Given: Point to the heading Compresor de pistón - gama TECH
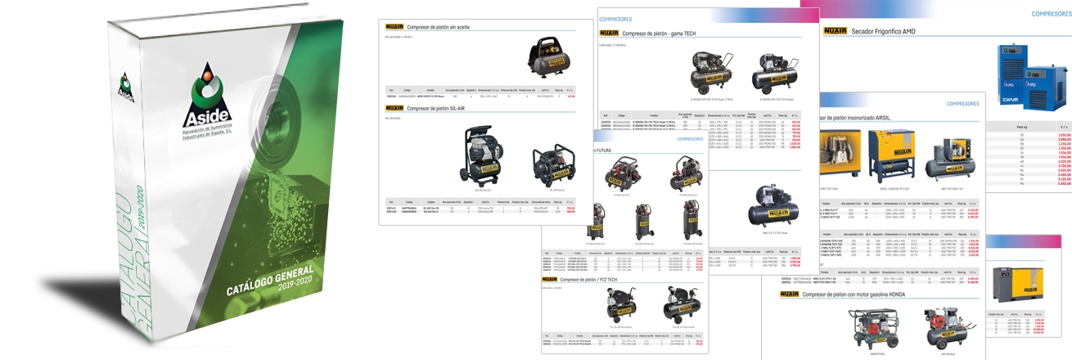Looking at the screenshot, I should tap(664, 34).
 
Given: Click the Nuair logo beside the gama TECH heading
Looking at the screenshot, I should tap(609, 34).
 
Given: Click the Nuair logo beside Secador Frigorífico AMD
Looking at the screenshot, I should tap(836, 31).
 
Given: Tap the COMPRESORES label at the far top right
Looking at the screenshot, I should tap(1052, 14).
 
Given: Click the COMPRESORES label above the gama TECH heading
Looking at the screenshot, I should tap(615, 18).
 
